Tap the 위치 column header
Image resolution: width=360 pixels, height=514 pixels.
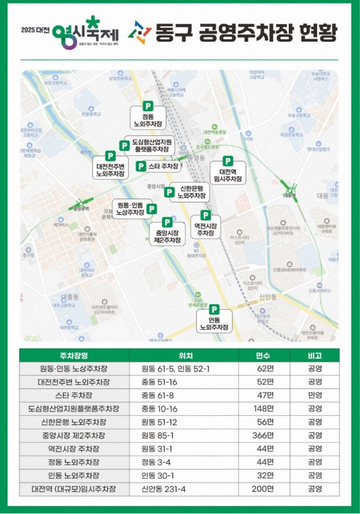pos(184,355)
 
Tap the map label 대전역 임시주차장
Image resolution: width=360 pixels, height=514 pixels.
pos(228,175)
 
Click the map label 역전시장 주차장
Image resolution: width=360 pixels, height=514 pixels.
pos(205,229)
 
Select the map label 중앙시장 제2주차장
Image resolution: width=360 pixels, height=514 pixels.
pos(167,237)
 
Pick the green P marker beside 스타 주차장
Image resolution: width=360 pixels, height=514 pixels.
pos(141,166)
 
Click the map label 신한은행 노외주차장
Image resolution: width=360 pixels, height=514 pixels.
pos(192,192)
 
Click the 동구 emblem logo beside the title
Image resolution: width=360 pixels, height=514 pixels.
pos(139,33)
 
